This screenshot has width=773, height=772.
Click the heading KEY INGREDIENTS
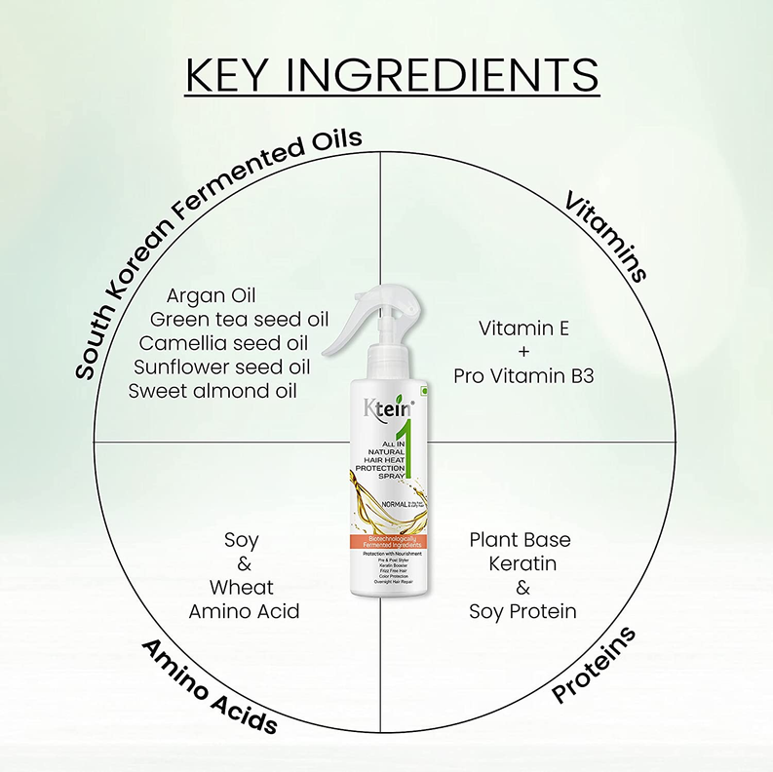[x=391, y=75]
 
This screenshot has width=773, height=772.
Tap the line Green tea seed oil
[x=239, y=319]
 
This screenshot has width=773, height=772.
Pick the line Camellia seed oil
[x=223, y=343]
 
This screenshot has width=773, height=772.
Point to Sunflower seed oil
[x=222, y=367]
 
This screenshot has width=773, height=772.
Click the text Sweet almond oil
[x=213, y=391]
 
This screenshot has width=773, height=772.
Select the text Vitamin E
[x=523, y=328]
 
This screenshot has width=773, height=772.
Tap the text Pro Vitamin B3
[x=523, y=375]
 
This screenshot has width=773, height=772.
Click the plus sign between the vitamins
[x=523, y=352]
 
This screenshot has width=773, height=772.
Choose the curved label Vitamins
[x=606, y=235]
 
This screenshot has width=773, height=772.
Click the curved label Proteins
[x=594, y=665]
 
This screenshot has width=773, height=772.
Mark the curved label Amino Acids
[x=209, y=686]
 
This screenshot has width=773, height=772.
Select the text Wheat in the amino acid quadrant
[x=242, y=588]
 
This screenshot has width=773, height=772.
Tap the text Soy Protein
[x=522, y=611]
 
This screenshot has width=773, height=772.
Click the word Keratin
[x=522, y=563]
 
